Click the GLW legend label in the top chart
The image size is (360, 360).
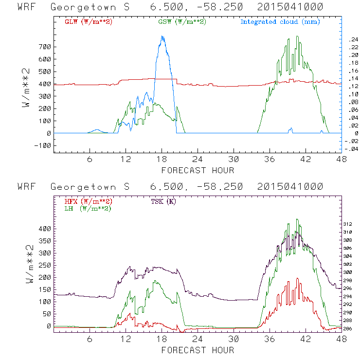click(x=89, y=22)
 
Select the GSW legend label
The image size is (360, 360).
click(x=182, y=22)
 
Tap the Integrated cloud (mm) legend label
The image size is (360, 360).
click(x=280, y=22)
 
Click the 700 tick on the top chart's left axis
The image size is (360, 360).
click(x=45, y=47)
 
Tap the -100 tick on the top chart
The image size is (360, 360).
click(x=44, y=145)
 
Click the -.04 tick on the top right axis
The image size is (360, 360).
click(x=349, y=149)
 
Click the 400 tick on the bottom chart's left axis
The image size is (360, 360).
click(x=45, y=228)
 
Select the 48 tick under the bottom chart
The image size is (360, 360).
click(x=341, y=338)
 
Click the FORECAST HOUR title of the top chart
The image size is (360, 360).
click(x=198, y=170)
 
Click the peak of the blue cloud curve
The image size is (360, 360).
click(x=162, y=36)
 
